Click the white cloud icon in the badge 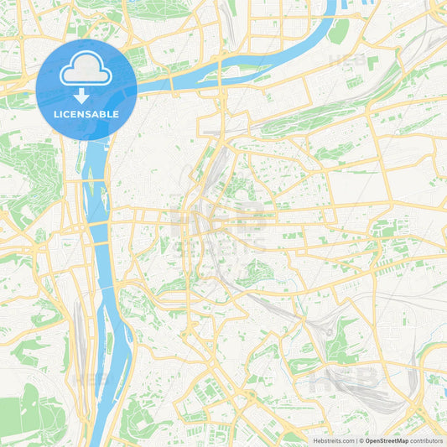[x=86, y=71]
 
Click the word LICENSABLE [x=86, y=113]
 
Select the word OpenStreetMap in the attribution [x=387, y=439]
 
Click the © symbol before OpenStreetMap [x=361, y=439]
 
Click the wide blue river [x=105, y=277]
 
